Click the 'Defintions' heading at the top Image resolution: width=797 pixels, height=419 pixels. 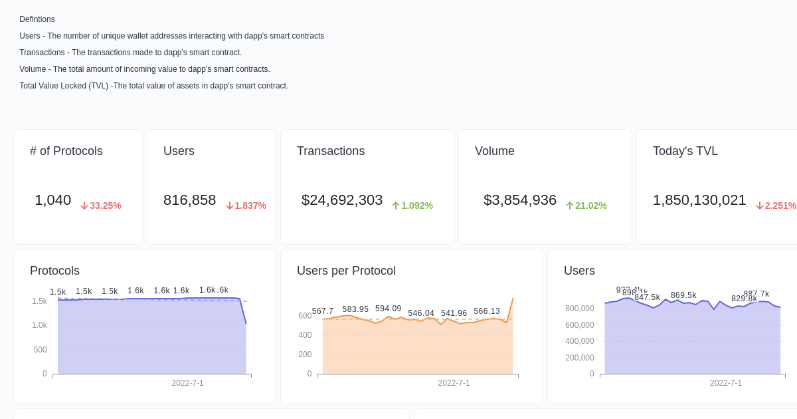(37, 19)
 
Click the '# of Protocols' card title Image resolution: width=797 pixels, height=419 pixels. (66, 151)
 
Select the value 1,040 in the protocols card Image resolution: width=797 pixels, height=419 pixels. (52, 200)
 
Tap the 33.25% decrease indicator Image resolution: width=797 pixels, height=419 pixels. (101, 206)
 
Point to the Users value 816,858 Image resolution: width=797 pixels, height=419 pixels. (189, 200)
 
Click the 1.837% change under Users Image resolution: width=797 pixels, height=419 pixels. (246, 206)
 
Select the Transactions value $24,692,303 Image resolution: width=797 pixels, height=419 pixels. (342, 200)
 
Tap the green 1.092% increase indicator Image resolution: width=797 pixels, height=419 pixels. (412, 206)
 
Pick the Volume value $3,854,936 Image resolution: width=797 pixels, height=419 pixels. (520, 200)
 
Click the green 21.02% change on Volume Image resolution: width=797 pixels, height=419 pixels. (586, 206)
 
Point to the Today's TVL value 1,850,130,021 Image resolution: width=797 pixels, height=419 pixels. (699, 200)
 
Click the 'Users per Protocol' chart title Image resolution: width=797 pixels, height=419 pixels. (346, 271)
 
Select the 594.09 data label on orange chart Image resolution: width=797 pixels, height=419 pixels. (388, 309)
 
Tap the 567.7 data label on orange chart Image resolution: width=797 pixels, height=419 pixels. (323, 311)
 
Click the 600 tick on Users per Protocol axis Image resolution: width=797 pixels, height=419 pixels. (305, 316)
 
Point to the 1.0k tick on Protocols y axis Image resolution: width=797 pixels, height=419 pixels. (39, 325)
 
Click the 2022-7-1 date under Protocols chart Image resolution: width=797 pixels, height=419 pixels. (187, 383)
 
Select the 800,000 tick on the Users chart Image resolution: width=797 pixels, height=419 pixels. (579, 309)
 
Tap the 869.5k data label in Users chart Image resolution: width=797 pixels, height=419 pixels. (683, 295)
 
